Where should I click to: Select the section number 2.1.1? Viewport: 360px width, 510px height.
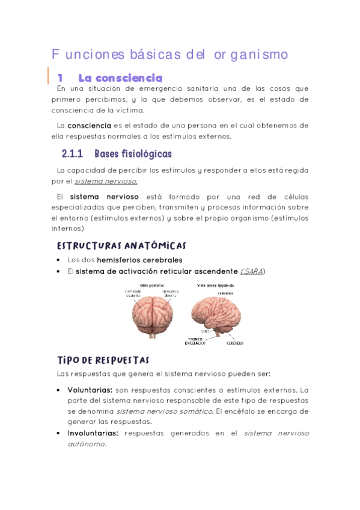point(75,155)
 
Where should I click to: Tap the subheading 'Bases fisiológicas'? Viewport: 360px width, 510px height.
point(133,155)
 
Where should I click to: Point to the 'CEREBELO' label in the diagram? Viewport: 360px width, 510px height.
point(235,343)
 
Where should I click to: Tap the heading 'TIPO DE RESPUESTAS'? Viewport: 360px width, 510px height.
point(103,360)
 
